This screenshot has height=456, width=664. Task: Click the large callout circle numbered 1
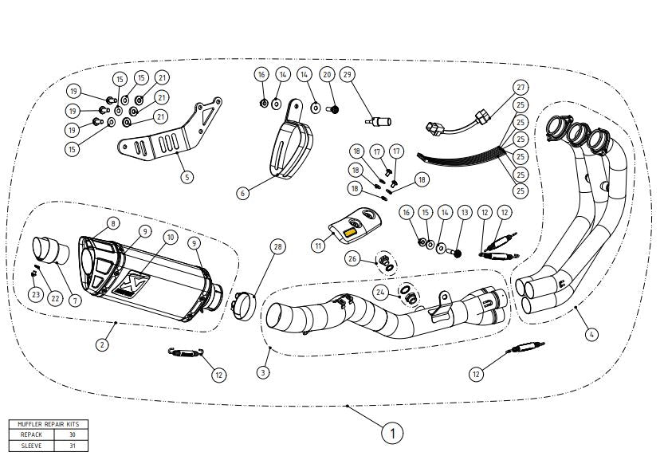(392, 433)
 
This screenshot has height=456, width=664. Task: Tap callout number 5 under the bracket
(187, 176)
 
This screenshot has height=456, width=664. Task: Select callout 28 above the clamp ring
(277, 246)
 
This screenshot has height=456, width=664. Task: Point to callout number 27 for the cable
(521, 87)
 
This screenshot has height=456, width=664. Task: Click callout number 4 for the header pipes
(591, 335)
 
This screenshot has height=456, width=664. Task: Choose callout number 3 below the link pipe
(263, 372)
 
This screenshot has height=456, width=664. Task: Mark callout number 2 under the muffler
(102, 344)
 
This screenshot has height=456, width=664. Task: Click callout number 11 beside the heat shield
(319, 246)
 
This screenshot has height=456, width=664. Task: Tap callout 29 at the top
(348, 74)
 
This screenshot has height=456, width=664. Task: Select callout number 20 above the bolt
(327, 74)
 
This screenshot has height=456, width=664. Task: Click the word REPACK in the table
(31, 434)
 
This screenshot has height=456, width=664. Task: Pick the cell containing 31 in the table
(72, 446)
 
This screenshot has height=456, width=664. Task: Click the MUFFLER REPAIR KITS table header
(49, 424)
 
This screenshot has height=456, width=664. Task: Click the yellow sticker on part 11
(351, 234)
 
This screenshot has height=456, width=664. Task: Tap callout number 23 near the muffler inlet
(36, 294)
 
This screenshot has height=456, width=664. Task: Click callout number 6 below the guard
(242, 193)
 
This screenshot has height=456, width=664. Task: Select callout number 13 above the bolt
(465, 212)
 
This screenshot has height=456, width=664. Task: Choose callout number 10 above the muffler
(171, 237)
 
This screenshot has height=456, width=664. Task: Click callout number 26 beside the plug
(352, 258)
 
